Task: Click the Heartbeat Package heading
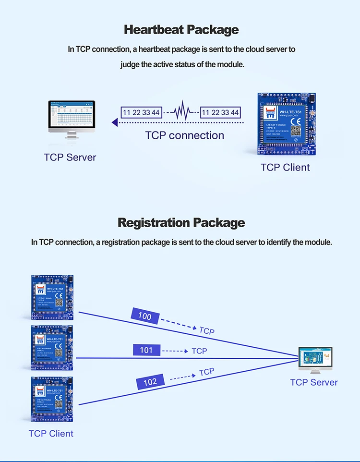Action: (x=181, y=30)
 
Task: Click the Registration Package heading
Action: (x=181, y=223)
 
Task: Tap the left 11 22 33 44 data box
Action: (x=141, y=112)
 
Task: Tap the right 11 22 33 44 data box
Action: (x=220, y=112)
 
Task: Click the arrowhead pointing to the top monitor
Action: (x=115, y=122)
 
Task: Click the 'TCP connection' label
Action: (x=185, y=135)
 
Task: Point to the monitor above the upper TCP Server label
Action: (x=72, y=118)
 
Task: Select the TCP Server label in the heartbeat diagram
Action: (x=70, y=158)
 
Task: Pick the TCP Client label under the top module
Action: (x=285, y=168)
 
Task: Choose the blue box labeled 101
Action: (x=146, y=351)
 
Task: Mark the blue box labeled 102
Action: (x=150, y=382)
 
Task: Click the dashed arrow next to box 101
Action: (x=175, y=351)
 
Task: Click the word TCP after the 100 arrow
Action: (x=207, y=331)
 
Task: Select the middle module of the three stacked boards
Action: (x=52, y=348)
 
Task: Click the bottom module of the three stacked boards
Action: (x=52, y=399)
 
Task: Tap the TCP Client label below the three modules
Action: (x=51, y=434)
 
